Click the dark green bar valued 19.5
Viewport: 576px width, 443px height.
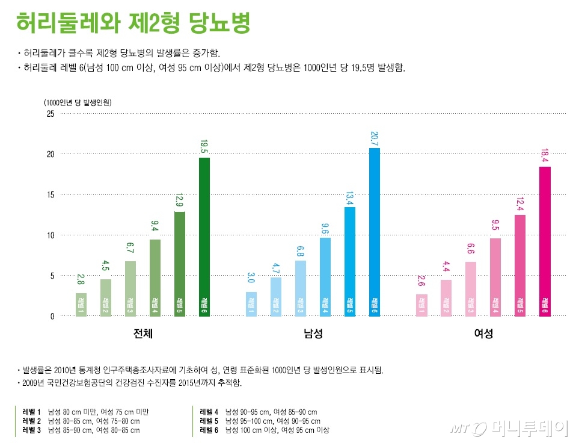[204, 237]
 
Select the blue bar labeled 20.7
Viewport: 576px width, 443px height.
[374, 232]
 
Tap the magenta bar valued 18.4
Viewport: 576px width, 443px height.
[545, 241]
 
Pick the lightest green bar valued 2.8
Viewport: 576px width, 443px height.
[81, 305]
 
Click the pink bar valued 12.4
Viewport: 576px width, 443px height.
[519, 265]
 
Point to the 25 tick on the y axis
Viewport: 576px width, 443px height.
[50, 114]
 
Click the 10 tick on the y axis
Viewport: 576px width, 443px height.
[50, 235]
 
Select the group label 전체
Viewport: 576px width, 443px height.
[142, 333]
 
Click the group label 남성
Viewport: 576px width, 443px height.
[313, 333]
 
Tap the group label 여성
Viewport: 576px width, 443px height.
[483, 333]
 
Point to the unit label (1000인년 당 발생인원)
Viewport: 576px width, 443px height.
[78, 102]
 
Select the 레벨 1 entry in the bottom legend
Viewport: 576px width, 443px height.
[85, 412]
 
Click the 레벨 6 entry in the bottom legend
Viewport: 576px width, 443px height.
[265, 430]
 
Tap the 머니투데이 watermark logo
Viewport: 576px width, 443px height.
[508, 428]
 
